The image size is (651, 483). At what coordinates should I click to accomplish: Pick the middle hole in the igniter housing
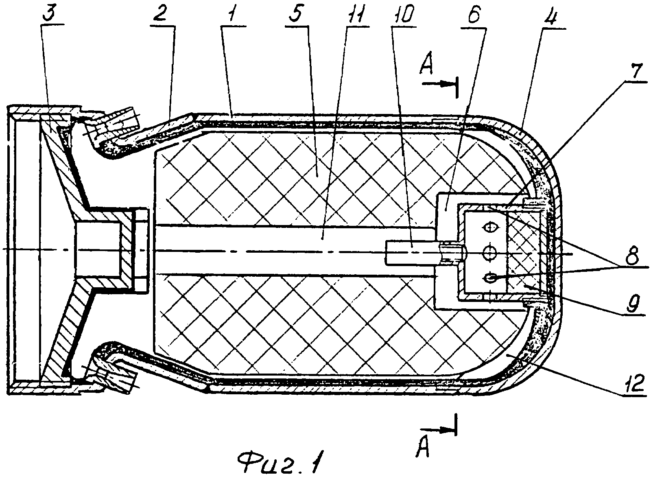[490, 252]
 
